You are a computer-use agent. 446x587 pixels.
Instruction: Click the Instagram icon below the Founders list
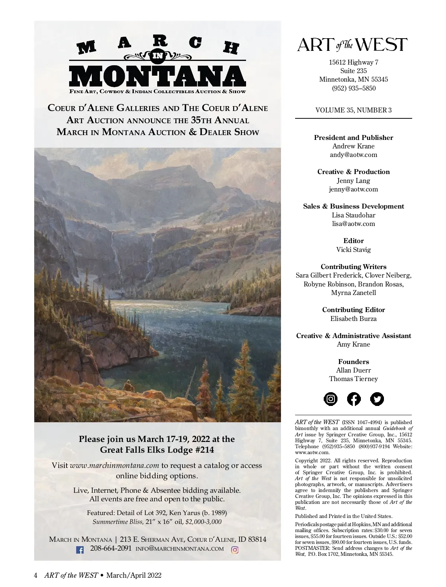(330, 399)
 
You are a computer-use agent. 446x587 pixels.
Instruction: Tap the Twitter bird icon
(377, 399)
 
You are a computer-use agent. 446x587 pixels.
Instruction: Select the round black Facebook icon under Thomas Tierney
(353, 399)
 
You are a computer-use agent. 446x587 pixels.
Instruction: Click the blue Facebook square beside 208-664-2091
(80, 550)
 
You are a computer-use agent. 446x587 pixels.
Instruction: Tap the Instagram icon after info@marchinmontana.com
(235, 550)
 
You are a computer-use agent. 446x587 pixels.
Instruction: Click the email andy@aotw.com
(353, 155)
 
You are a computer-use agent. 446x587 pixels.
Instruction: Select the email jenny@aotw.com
(353, 189)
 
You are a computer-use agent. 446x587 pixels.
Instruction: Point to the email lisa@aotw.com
(353, 224)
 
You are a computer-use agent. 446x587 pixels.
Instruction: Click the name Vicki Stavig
(353, 250)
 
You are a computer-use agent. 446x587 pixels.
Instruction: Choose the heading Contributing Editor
(353, 310)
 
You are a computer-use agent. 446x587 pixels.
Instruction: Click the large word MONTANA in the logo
(158, 77)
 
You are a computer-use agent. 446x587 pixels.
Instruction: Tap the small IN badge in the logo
(158, 56)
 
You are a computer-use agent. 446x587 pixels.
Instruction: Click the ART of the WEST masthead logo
(353, 45)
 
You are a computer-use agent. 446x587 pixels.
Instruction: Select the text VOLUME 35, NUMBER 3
(353, 110)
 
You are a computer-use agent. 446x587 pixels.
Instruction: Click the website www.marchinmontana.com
(114, 465)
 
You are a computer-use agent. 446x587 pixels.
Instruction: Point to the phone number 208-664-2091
(111, 548)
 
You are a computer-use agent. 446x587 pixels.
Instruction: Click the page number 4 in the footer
(36, 575)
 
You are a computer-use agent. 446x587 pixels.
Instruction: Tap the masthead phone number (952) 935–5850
(353, 88)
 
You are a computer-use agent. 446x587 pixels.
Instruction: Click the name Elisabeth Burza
(353, 319)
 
